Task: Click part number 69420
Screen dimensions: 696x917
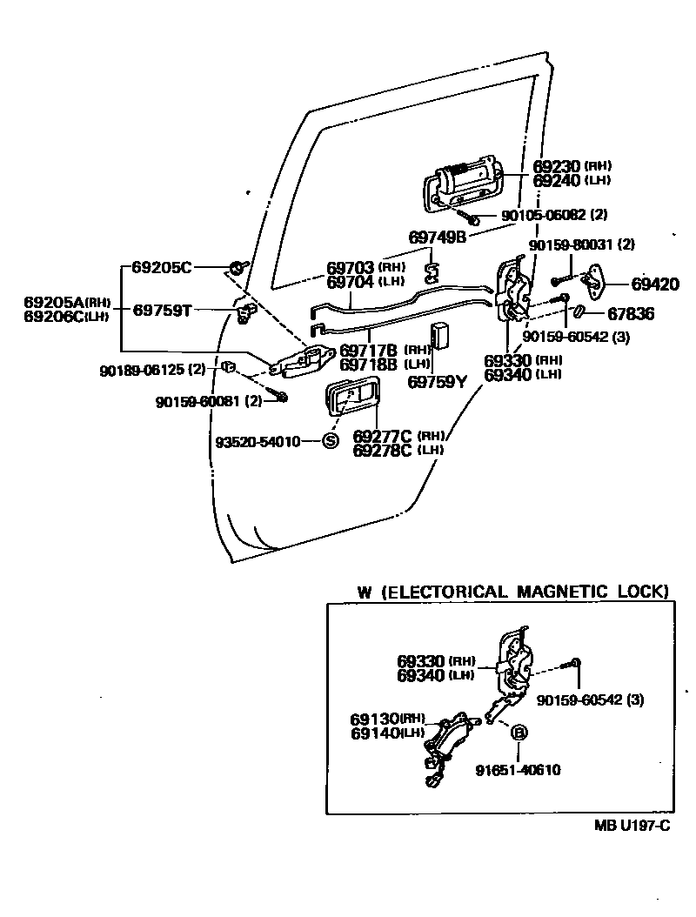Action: (x=655, y=284)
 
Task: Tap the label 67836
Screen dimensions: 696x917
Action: (x=631, y=314)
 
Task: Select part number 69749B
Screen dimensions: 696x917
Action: (x=437, y=238)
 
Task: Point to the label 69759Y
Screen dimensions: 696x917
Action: (x=438, y=382)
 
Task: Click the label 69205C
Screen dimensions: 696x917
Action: (x=162, y=267)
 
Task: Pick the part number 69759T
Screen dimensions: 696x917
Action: (x=162, y=310)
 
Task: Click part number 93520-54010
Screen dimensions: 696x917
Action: (x=258, y=442)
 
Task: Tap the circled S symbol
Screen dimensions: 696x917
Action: (x=330, y=441)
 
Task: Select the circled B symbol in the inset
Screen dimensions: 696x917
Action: (x=519, y=732)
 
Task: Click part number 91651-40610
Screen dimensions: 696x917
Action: (x=518, y=770)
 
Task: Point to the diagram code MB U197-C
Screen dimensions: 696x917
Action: (x=632, y=826)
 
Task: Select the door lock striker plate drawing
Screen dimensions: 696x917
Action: (x=595, y=279)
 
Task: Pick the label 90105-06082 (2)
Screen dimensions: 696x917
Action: (x=554, y=215)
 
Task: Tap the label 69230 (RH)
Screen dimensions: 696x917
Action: (x=572, y=166)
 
